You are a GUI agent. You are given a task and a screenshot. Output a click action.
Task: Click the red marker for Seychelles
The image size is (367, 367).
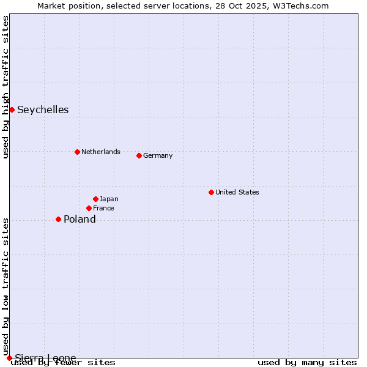tap(12, 109)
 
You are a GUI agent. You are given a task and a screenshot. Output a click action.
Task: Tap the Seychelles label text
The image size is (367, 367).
tap(43, 110)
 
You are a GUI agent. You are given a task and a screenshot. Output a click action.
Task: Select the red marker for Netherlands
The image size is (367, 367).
tap(77, 152)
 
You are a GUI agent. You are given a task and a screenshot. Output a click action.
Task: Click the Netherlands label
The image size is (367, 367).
tap(101, 152)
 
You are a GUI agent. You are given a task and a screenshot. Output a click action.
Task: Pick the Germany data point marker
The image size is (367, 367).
tap(139, 155)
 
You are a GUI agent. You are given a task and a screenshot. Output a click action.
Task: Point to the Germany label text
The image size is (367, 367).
tap(158, 155)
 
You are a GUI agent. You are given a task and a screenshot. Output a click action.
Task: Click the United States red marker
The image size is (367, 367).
tap(211, 192)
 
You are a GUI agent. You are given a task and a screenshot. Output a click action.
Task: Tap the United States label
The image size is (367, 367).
tap(237, 192)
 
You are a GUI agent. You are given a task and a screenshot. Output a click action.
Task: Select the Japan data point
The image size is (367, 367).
tap(95, 199)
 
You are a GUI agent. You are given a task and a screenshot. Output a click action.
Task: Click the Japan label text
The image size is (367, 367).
tap(109, 199)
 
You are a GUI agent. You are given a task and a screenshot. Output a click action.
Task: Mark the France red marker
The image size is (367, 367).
tap(89, 208)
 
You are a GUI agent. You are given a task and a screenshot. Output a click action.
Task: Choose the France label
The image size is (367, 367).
tap(103, 208)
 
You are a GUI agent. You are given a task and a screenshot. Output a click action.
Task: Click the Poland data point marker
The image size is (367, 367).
tap(58, 219)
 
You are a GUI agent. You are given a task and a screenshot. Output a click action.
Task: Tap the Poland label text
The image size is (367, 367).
tap(80, 219)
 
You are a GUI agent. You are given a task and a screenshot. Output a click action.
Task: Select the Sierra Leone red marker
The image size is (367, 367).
tap(9, 358)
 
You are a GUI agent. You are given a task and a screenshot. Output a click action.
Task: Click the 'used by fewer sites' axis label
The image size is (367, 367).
tap(63, 363)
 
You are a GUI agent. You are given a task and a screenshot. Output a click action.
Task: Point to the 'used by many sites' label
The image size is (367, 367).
tap(307, 363)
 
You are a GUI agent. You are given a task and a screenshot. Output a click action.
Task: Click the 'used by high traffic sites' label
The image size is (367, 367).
tap(6, 87)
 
